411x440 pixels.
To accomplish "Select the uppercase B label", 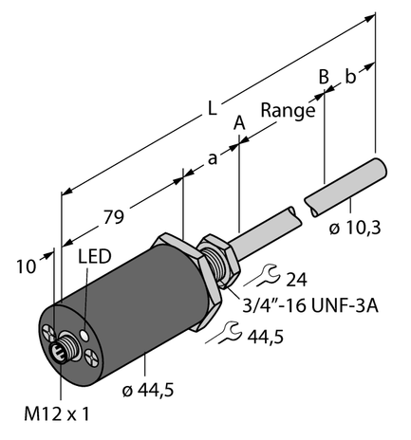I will (x=324, y=76).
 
